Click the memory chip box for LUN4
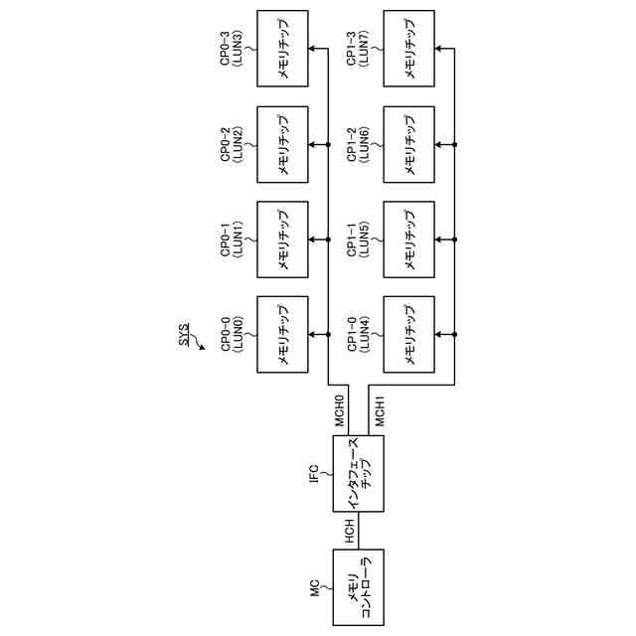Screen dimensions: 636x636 coord(408,335)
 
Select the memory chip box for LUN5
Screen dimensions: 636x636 coord(408,239)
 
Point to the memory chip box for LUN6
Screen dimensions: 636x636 coord(408,145)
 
